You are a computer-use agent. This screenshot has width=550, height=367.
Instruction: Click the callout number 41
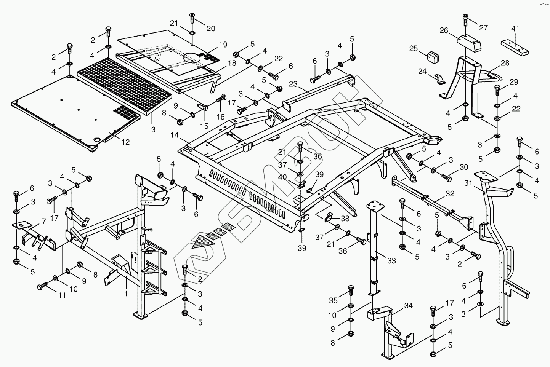click(x=515, y=29)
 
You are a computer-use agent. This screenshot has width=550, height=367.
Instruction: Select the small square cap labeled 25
click(x=433, y=57)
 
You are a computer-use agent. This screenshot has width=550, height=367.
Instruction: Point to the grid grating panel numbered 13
click(x=124, y=86)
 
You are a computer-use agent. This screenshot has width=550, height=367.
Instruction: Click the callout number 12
click(x=125, y=142)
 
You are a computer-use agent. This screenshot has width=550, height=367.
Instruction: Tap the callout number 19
click(x=223, y=45)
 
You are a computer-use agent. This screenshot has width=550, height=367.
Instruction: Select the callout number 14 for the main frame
click(x=175, y=135)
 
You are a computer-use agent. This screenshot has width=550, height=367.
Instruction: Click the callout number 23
click(x=293, y=84)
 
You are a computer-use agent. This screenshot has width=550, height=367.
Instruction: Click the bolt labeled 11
click(x=42, y=286)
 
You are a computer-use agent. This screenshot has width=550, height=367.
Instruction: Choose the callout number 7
click(x=44, y=221)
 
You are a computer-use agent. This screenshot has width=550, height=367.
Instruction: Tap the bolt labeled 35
click(x=351, y=291)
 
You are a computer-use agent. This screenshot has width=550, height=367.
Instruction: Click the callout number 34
click(x=408, y=306)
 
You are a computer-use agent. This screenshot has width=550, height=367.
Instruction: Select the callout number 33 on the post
click(x=391, y=260)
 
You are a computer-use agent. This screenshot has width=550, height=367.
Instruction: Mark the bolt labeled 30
click(x=447, y=178)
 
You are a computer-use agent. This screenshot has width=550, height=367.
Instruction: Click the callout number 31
click(x=468, y=183)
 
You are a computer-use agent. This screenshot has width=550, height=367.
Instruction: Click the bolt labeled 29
click(x=497, y=90)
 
